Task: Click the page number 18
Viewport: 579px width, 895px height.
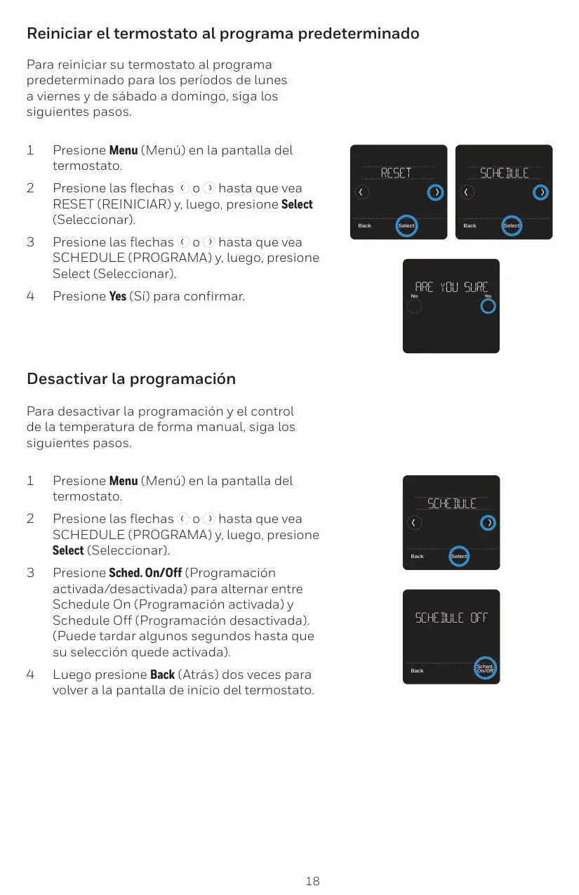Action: click(312, 881)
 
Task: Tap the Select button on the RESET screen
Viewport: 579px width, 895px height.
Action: click(406, 226)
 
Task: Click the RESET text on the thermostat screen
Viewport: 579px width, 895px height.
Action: click(396, 173)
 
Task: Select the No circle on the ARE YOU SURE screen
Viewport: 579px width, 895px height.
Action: click(414, 307)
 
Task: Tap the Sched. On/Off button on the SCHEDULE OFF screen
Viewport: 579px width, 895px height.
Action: click(485, 668)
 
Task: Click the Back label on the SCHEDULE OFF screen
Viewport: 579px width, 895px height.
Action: click(417, 671)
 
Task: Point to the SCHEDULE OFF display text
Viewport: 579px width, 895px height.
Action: click(451, 618)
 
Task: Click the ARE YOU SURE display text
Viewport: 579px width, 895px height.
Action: click(451, 287)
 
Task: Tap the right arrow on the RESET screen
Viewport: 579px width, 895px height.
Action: click(435, 192)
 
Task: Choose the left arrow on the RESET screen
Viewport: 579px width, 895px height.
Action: click(361, 192)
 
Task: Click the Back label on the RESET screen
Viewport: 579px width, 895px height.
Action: click(364, 226)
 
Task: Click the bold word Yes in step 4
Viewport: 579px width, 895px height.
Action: click(117, 296)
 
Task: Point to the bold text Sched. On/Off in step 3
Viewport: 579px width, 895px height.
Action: click(145, 573)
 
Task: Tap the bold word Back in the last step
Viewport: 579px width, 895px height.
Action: click(162, 675)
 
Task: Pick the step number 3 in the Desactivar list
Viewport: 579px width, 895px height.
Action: click(30, 573)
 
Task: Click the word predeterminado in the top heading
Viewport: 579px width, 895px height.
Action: click(359, 34)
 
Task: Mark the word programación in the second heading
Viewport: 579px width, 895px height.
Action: click(182, 380)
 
